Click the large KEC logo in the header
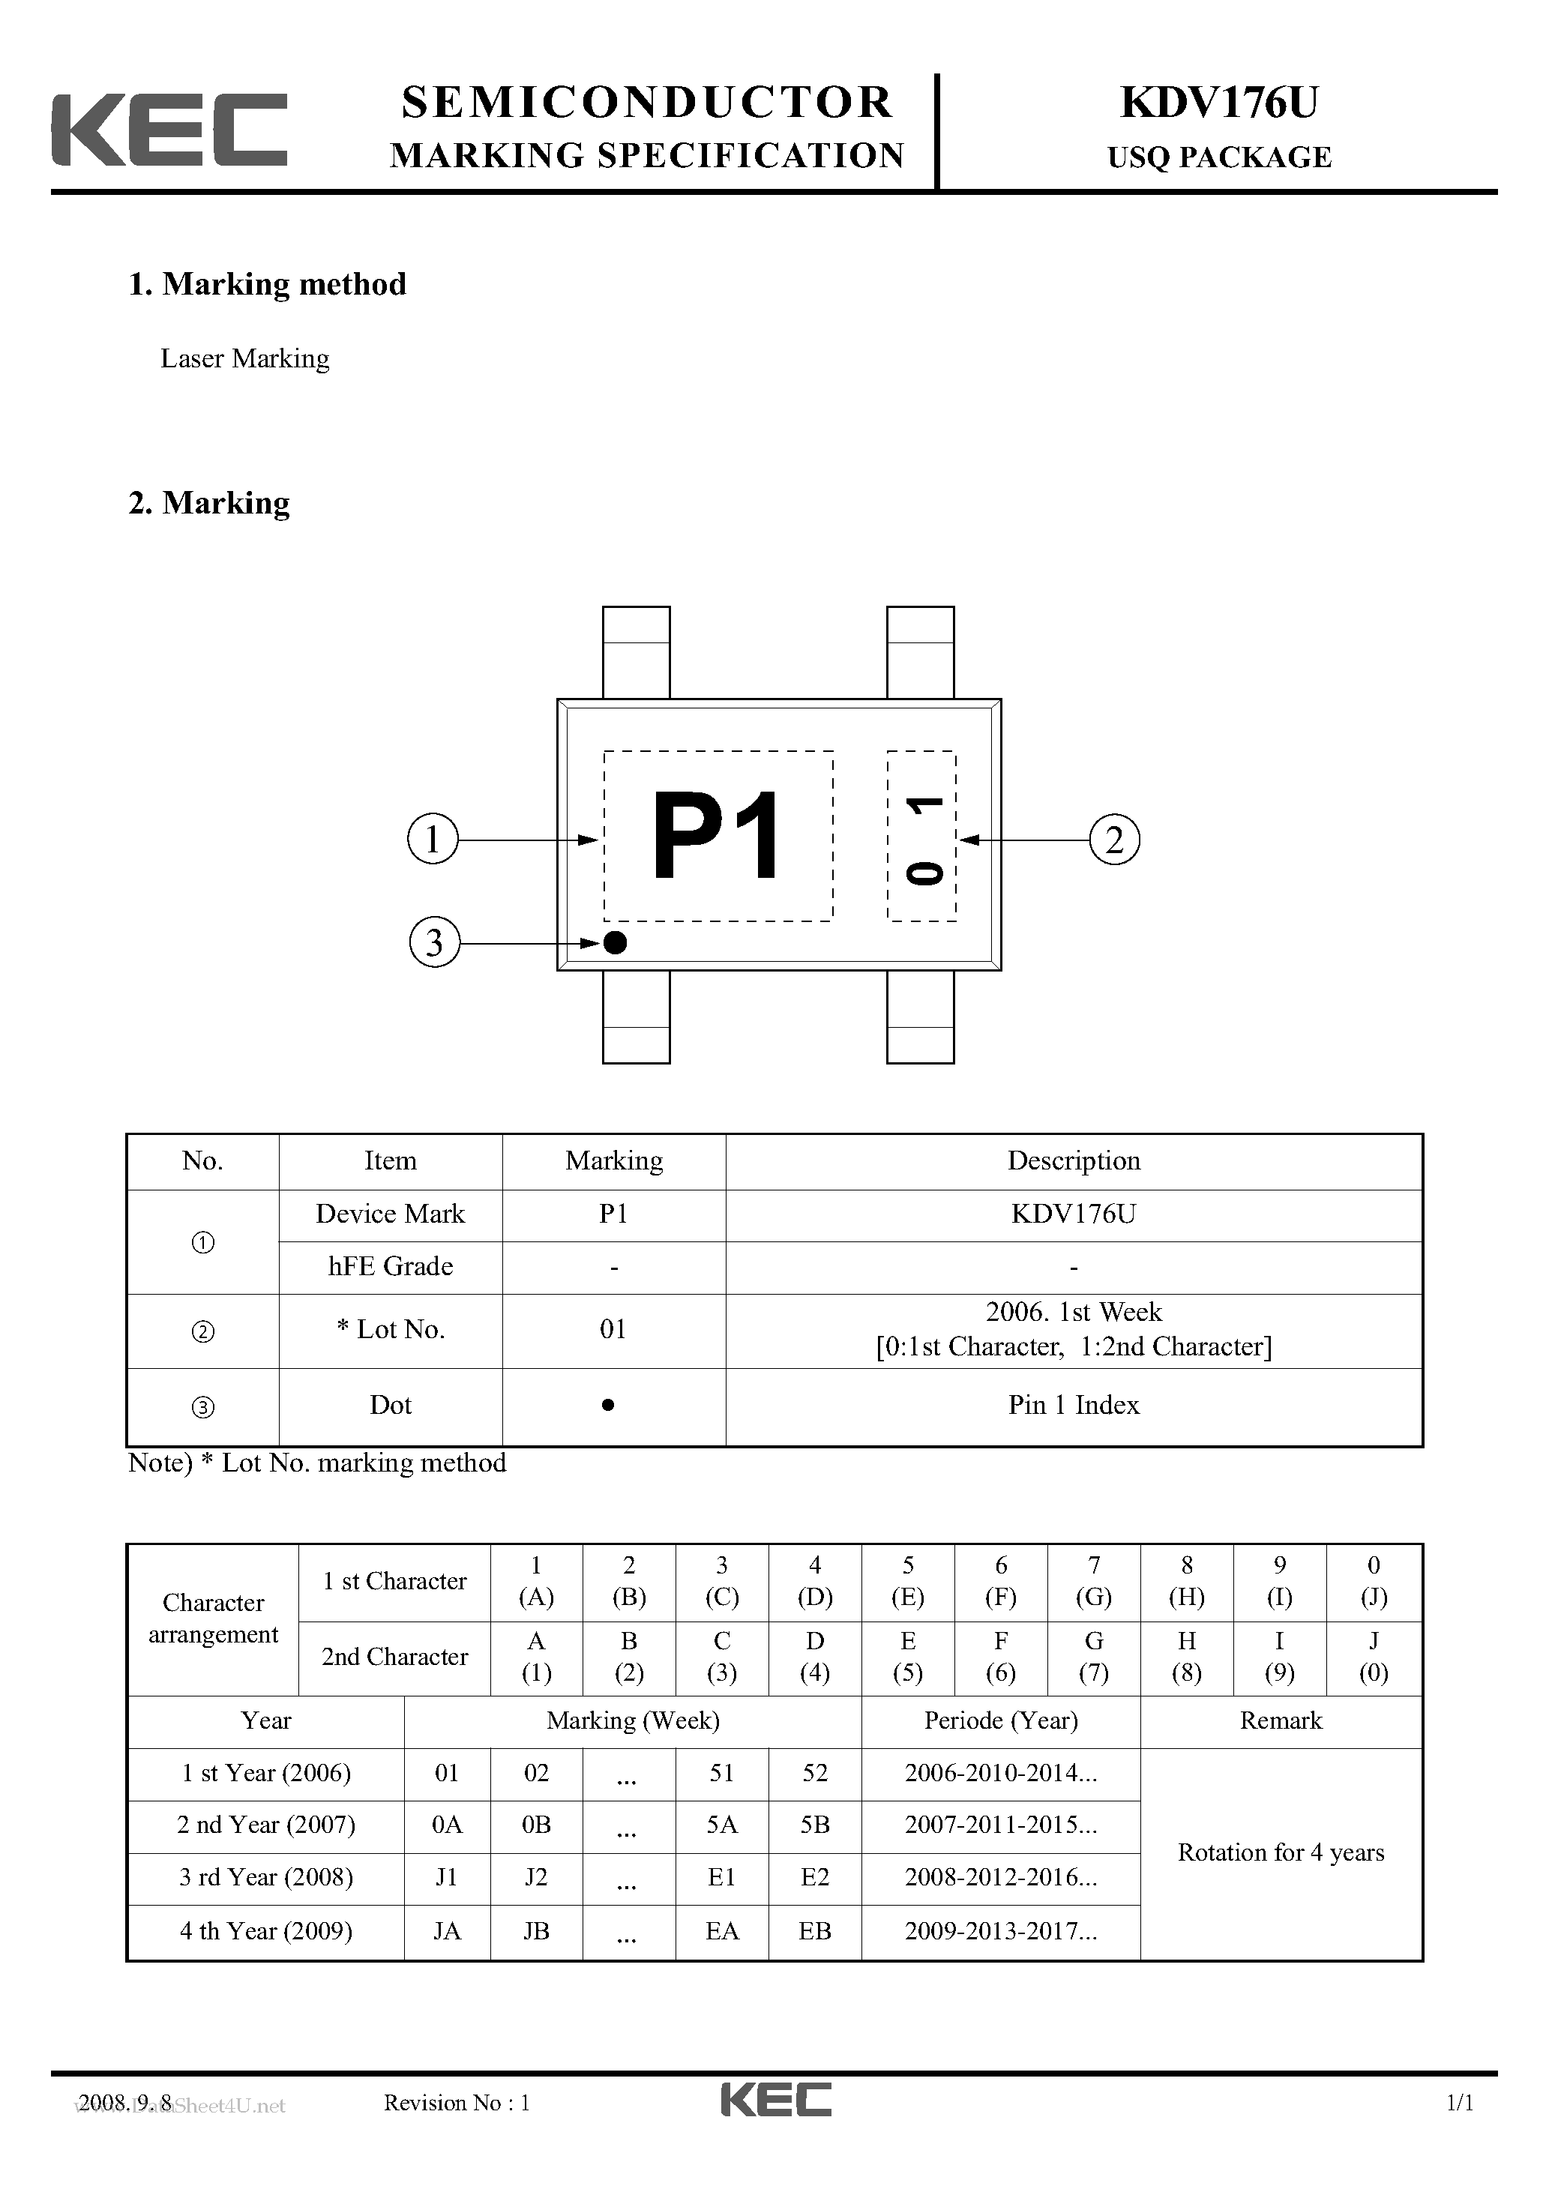tap(169, 130)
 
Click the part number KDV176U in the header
tap(1218, 103)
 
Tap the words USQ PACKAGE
tap(1218, 157)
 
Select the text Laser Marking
tap(244, 359)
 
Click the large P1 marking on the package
tap(716, 837)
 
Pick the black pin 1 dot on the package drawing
tap(616, 943)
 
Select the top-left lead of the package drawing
tap(636, 652)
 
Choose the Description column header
tap(1074, 1161)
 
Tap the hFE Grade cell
tap(391, 1267)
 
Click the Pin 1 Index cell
tap(1074, 1406)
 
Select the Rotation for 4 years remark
tap(1281, 1853)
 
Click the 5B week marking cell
tap(814, 1825)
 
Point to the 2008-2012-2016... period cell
tap(1001, 1878)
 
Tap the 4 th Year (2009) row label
tap(265, 1931)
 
